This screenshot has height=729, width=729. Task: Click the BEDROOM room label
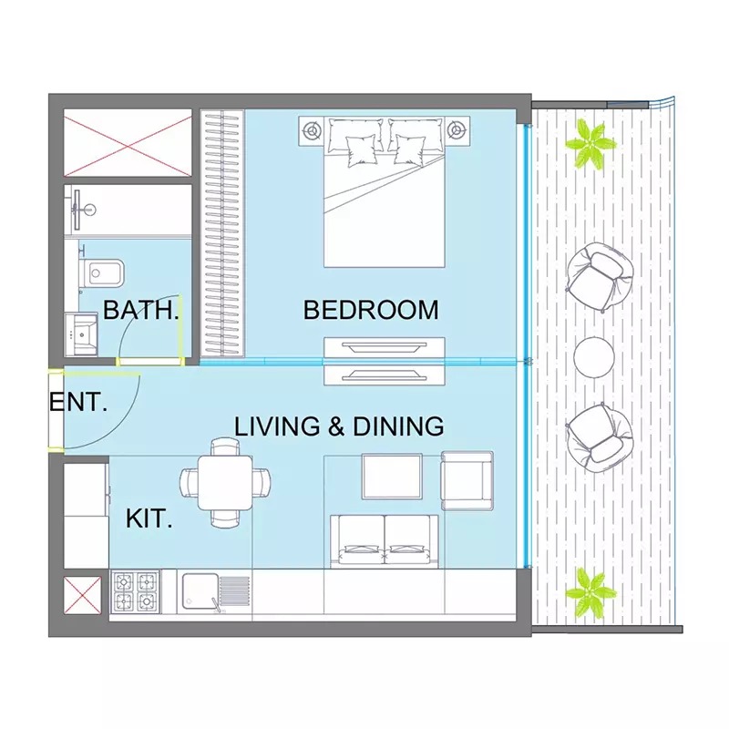[x=370, y=310]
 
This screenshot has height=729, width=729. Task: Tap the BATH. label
[x=140, y=310]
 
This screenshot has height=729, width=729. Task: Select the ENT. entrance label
[x=78, y=402]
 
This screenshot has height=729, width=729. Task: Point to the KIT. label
[x=149, y=520]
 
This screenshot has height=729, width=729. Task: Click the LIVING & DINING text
[x=339, y=426]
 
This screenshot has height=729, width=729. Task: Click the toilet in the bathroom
[x=98, y=272]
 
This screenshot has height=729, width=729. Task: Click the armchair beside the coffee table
[x=467, y=480]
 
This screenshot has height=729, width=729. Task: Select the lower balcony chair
[x=597, y=435]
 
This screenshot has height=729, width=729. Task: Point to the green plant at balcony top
[x=590, y=143]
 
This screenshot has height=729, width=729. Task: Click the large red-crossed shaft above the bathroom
[x=127, y=143]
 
